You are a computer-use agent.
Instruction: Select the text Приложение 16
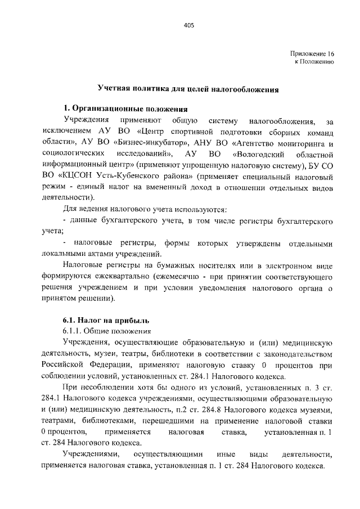312,53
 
